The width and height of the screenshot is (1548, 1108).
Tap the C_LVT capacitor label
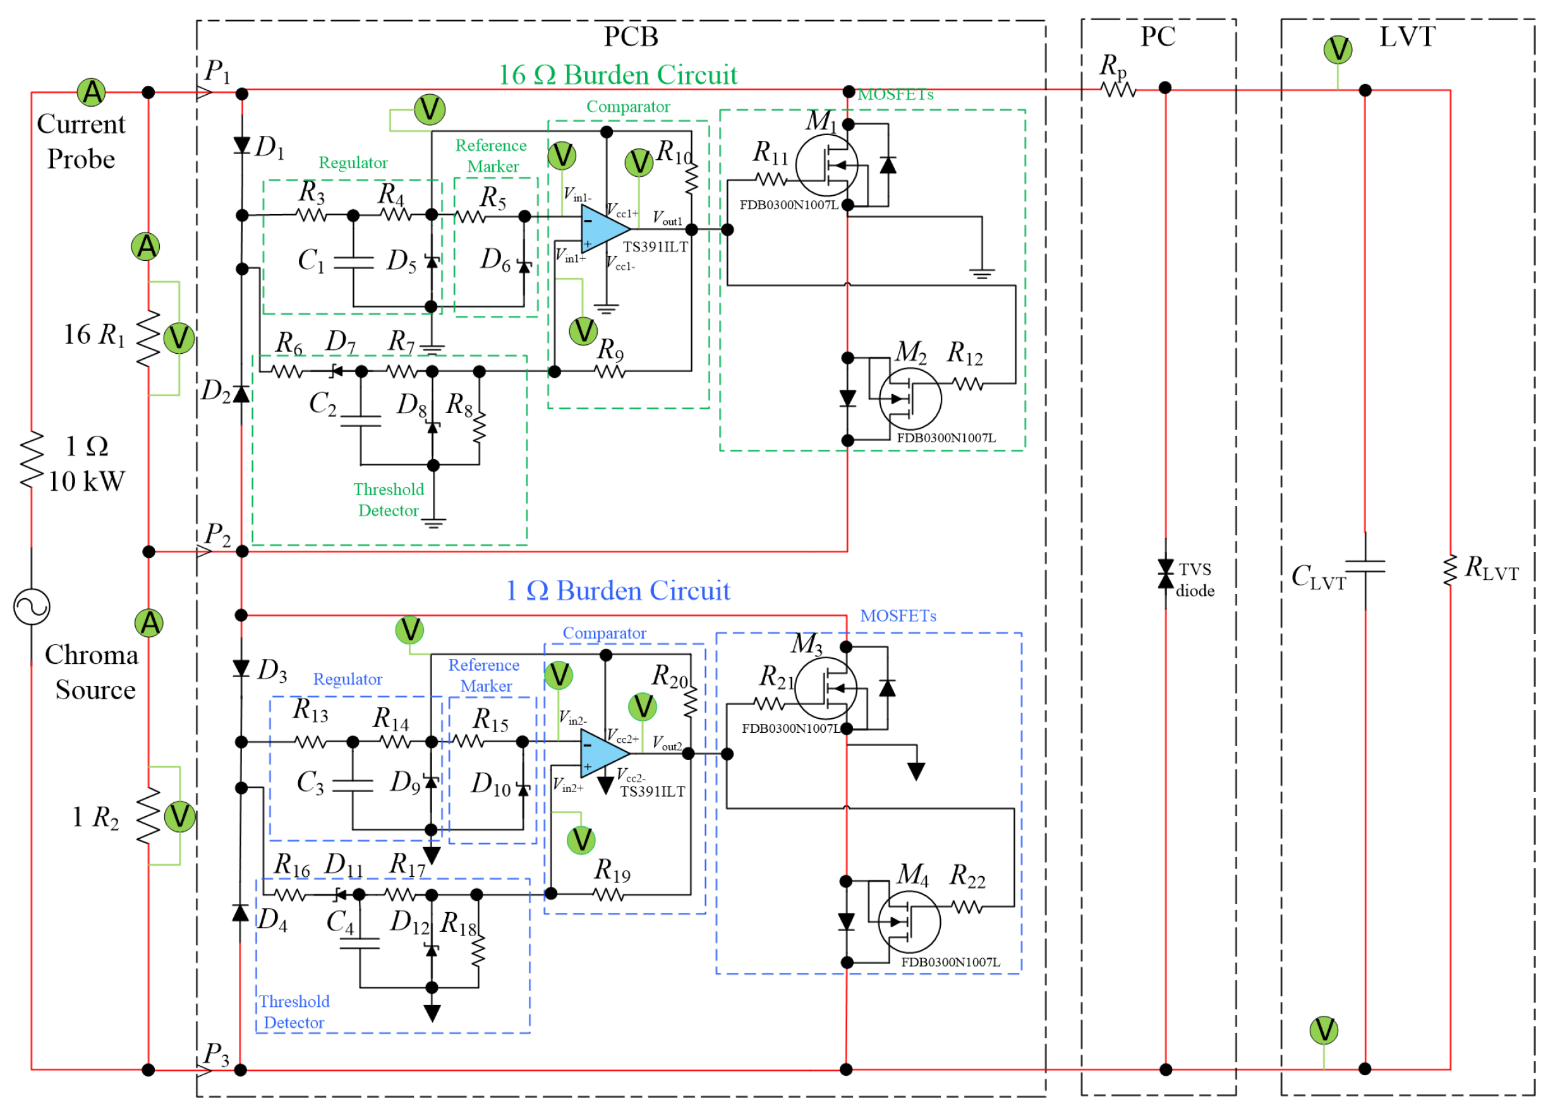tap(1318, 577)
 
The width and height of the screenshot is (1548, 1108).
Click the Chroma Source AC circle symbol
tap(32, 606)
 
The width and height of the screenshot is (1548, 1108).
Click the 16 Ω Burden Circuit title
tap(617, 75)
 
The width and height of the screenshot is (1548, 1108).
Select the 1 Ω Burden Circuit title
tap(617, 590)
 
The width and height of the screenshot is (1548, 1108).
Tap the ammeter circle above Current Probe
tap(92, 92)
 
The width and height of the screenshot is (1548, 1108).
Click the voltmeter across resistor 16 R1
tap(179, 339)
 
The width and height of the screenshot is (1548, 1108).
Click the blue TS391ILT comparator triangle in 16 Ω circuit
tap(603, 229)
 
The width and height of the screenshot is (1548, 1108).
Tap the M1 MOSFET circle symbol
tap(826, 165)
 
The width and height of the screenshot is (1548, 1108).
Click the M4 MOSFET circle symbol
tap(909, 922)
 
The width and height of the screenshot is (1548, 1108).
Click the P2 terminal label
tap(217, 534)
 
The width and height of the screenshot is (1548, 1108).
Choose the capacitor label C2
tap(322, 403)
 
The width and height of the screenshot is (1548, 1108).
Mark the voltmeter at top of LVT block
tap(1337, 50)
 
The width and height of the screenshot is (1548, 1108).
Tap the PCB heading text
tap(631, 36)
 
